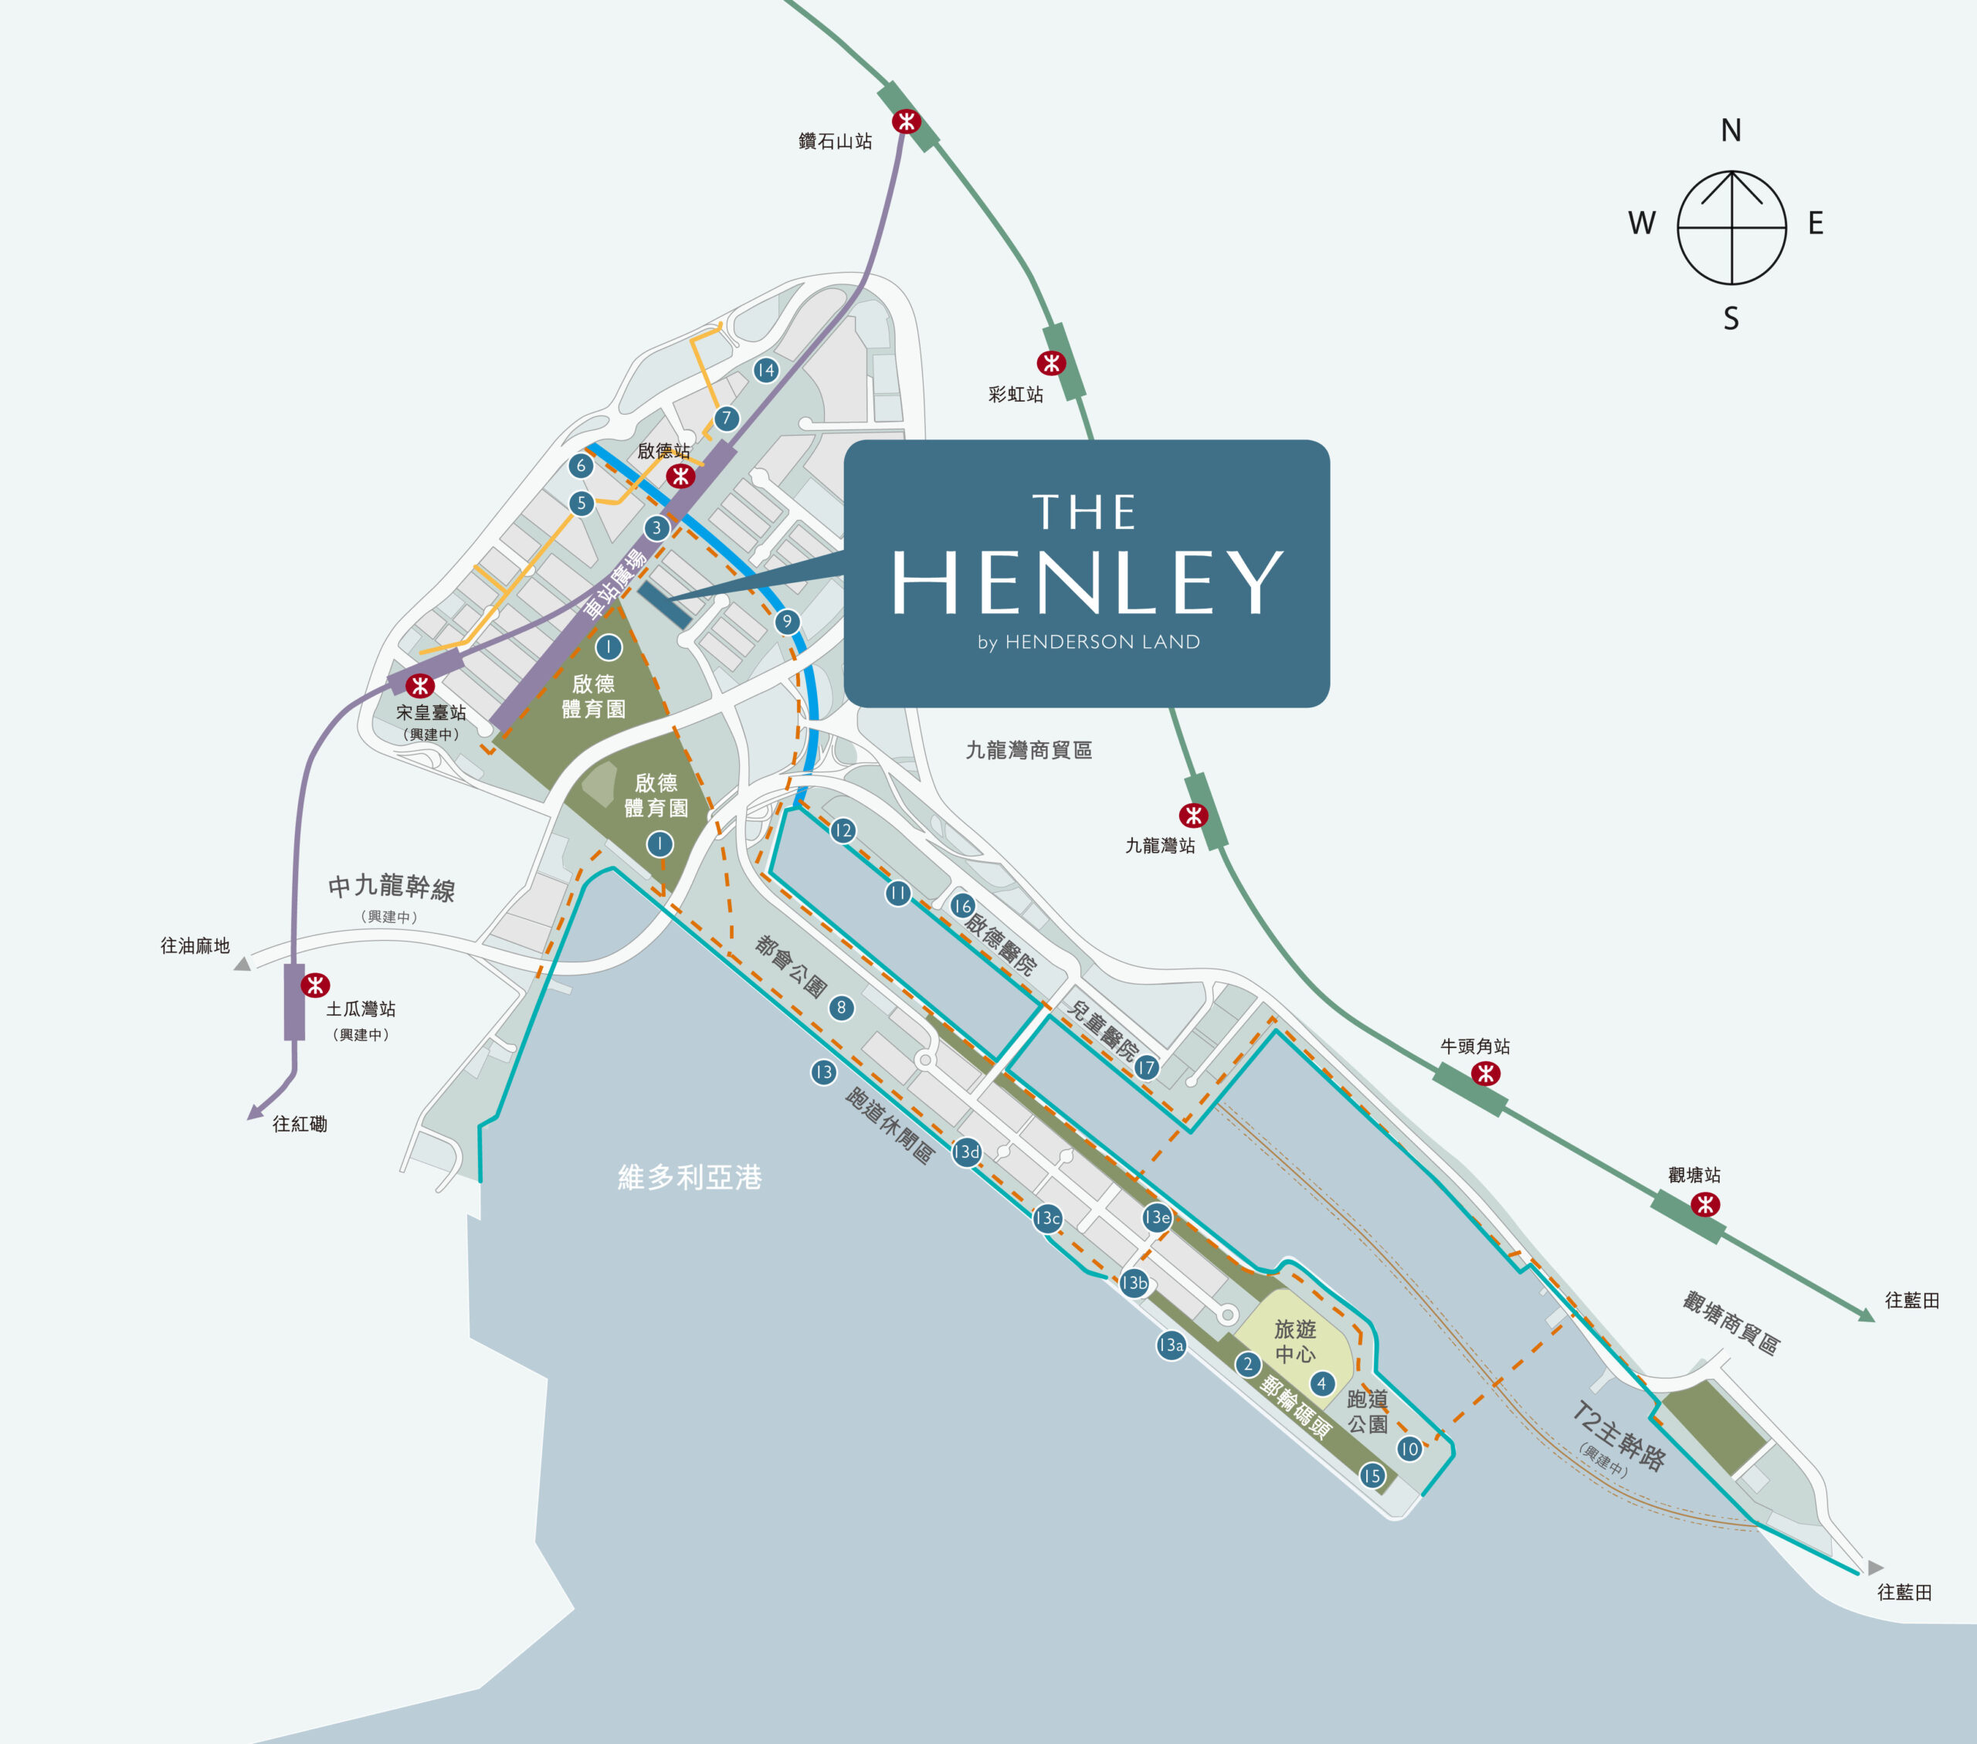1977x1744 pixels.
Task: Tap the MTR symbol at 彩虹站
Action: [x=1051, y=363]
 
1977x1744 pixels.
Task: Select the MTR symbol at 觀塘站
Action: [x=1705, y=1204]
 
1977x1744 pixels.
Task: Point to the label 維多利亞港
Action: [x=690, y=1177]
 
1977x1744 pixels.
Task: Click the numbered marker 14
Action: [x=766, y=369]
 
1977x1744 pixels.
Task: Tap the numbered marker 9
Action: [x=787, y=621]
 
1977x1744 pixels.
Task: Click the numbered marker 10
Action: [x=1409, y=1449]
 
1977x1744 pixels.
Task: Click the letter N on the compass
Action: [x=1731, y=131]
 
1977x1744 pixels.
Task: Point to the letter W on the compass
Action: [x=1641, y=223]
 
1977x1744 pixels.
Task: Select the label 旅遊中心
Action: [x=1295, y=1341]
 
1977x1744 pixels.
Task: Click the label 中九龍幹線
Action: [x=391, y=886]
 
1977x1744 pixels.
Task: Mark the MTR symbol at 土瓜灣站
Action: [x=315, y=986]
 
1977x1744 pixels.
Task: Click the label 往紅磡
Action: [x=300, y=1124]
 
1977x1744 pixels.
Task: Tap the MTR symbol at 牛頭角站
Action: [x=1486, y=1074]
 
